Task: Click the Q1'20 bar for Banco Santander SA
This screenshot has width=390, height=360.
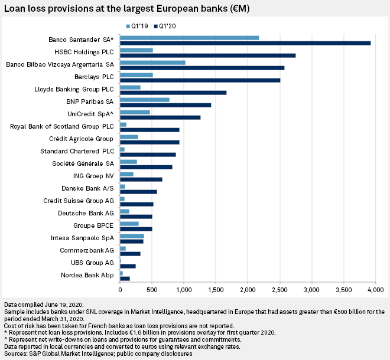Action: tap(334, 43)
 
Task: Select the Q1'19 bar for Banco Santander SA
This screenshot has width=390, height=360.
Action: tap(190, 38)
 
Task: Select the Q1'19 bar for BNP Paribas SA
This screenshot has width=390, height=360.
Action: tap(145, 100)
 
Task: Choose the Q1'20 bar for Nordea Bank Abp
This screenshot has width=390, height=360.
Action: tap(125, 278)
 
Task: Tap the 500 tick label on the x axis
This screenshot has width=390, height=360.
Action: tap(152, 290)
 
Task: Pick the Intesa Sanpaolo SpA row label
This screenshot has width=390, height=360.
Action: tap(83, 238)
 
